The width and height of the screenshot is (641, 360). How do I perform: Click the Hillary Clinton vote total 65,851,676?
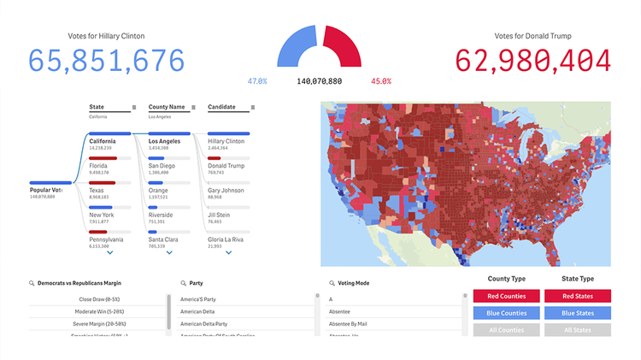[107, 61]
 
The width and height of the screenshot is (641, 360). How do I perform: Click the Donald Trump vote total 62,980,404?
[533, 61]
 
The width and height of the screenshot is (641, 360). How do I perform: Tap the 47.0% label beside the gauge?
[257, 81]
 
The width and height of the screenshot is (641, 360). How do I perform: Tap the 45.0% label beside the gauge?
[381, 81]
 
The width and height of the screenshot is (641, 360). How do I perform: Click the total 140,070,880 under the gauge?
[319, 81]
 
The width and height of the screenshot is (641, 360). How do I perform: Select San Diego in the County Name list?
[162, 166]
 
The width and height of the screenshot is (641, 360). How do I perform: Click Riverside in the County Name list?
[161, 215]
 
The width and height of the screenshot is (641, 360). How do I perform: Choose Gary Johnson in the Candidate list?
[226, 191]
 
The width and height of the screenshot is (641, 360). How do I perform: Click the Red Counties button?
[506, 296]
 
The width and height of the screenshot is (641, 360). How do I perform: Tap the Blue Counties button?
[506, 313]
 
